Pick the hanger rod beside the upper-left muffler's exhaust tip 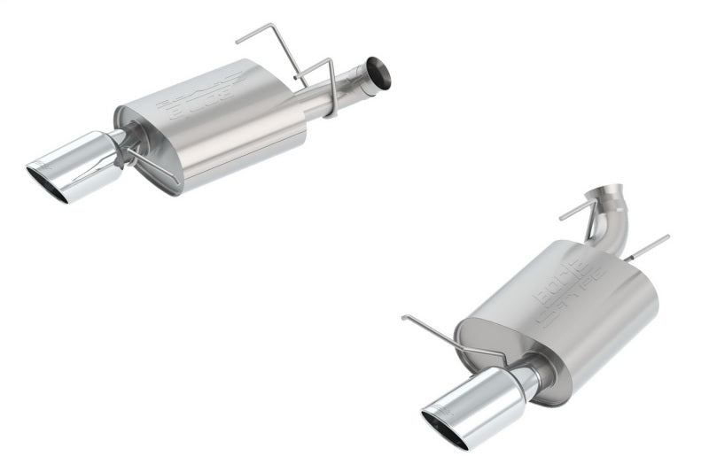pos(155,166)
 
